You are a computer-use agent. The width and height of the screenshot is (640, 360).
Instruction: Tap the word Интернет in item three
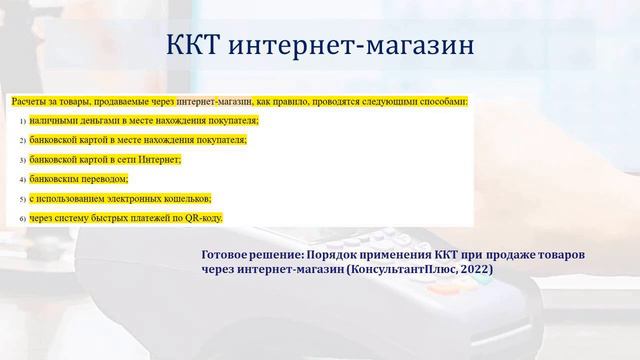click(x=159, y=159)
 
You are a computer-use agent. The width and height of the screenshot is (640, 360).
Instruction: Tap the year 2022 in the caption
click(x=474, y=270)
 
